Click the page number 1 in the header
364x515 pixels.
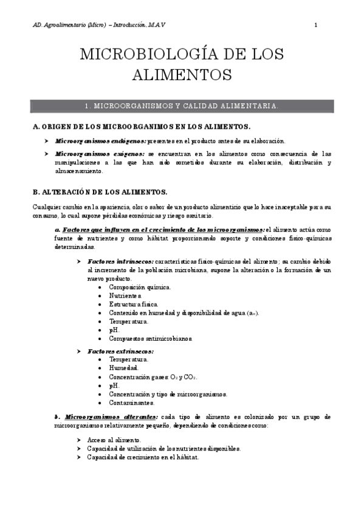pos(316,25)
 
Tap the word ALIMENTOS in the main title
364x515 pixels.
pos(182,75)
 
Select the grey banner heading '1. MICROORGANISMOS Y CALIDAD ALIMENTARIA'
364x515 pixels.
pos(182,106)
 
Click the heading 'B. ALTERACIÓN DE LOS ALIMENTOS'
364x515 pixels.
pos(100,192)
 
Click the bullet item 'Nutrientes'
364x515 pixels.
pos(126,295)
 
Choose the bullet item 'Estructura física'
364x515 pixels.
pos(134,304)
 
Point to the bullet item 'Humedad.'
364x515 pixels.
pos(123,368)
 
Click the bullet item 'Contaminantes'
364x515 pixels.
pos(131,402)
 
